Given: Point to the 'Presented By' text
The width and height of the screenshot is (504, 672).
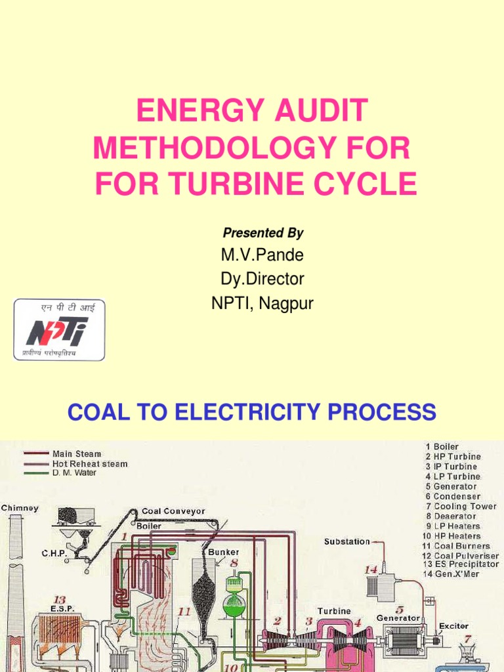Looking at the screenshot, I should [262, 233].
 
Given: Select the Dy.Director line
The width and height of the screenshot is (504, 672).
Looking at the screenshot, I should [262, 279].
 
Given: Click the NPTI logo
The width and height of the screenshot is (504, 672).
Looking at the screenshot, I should [59, 330].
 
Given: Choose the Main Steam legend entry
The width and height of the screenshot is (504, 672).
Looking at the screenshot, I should [77, 453].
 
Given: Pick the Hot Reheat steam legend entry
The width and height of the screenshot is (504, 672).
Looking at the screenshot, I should [90, 463].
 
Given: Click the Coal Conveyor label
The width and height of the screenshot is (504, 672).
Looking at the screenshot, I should [173, 511].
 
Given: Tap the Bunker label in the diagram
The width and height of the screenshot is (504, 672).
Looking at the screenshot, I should [224, 552].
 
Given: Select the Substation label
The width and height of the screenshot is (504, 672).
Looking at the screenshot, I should [346, 542].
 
